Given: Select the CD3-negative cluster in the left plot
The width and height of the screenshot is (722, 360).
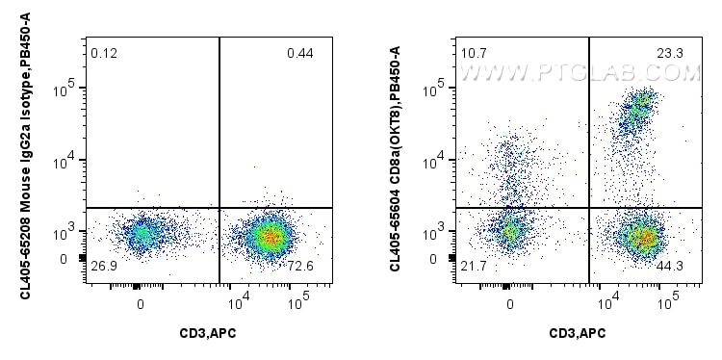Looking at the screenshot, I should tap(142, 233).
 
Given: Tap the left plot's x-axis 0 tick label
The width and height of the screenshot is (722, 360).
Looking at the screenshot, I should tap(141, 303).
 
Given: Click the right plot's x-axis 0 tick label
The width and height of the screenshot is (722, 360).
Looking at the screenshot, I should tap(510, 303).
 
